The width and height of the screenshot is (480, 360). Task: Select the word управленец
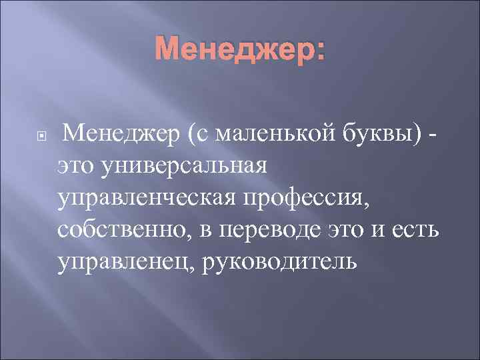[x=121, y=262]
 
